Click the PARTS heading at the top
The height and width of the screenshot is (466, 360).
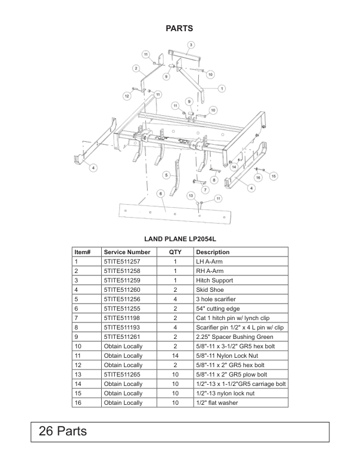tap(179, 28)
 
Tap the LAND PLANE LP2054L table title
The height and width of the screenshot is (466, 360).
tap(181, 240)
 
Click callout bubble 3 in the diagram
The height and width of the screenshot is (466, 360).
tap(191, 45)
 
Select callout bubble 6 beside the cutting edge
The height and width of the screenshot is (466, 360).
tap(160, 193)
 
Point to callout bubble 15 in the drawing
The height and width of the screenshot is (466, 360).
tap(274, 175)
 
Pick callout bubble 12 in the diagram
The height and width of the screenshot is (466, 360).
tap(126, 95)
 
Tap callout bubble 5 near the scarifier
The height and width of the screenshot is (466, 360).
tap(167, 175)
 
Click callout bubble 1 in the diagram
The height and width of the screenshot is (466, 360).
tap(222, 88)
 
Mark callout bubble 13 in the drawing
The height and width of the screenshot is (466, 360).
tap(191, 195)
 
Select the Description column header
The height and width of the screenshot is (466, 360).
tap(212, 252)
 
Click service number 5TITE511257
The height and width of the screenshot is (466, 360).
tap(122, 261)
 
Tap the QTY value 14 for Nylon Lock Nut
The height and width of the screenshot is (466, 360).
tap(175, 355)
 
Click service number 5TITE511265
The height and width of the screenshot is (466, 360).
tap(122, 374)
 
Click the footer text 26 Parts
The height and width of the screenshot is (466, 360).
tap(63, 431)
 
